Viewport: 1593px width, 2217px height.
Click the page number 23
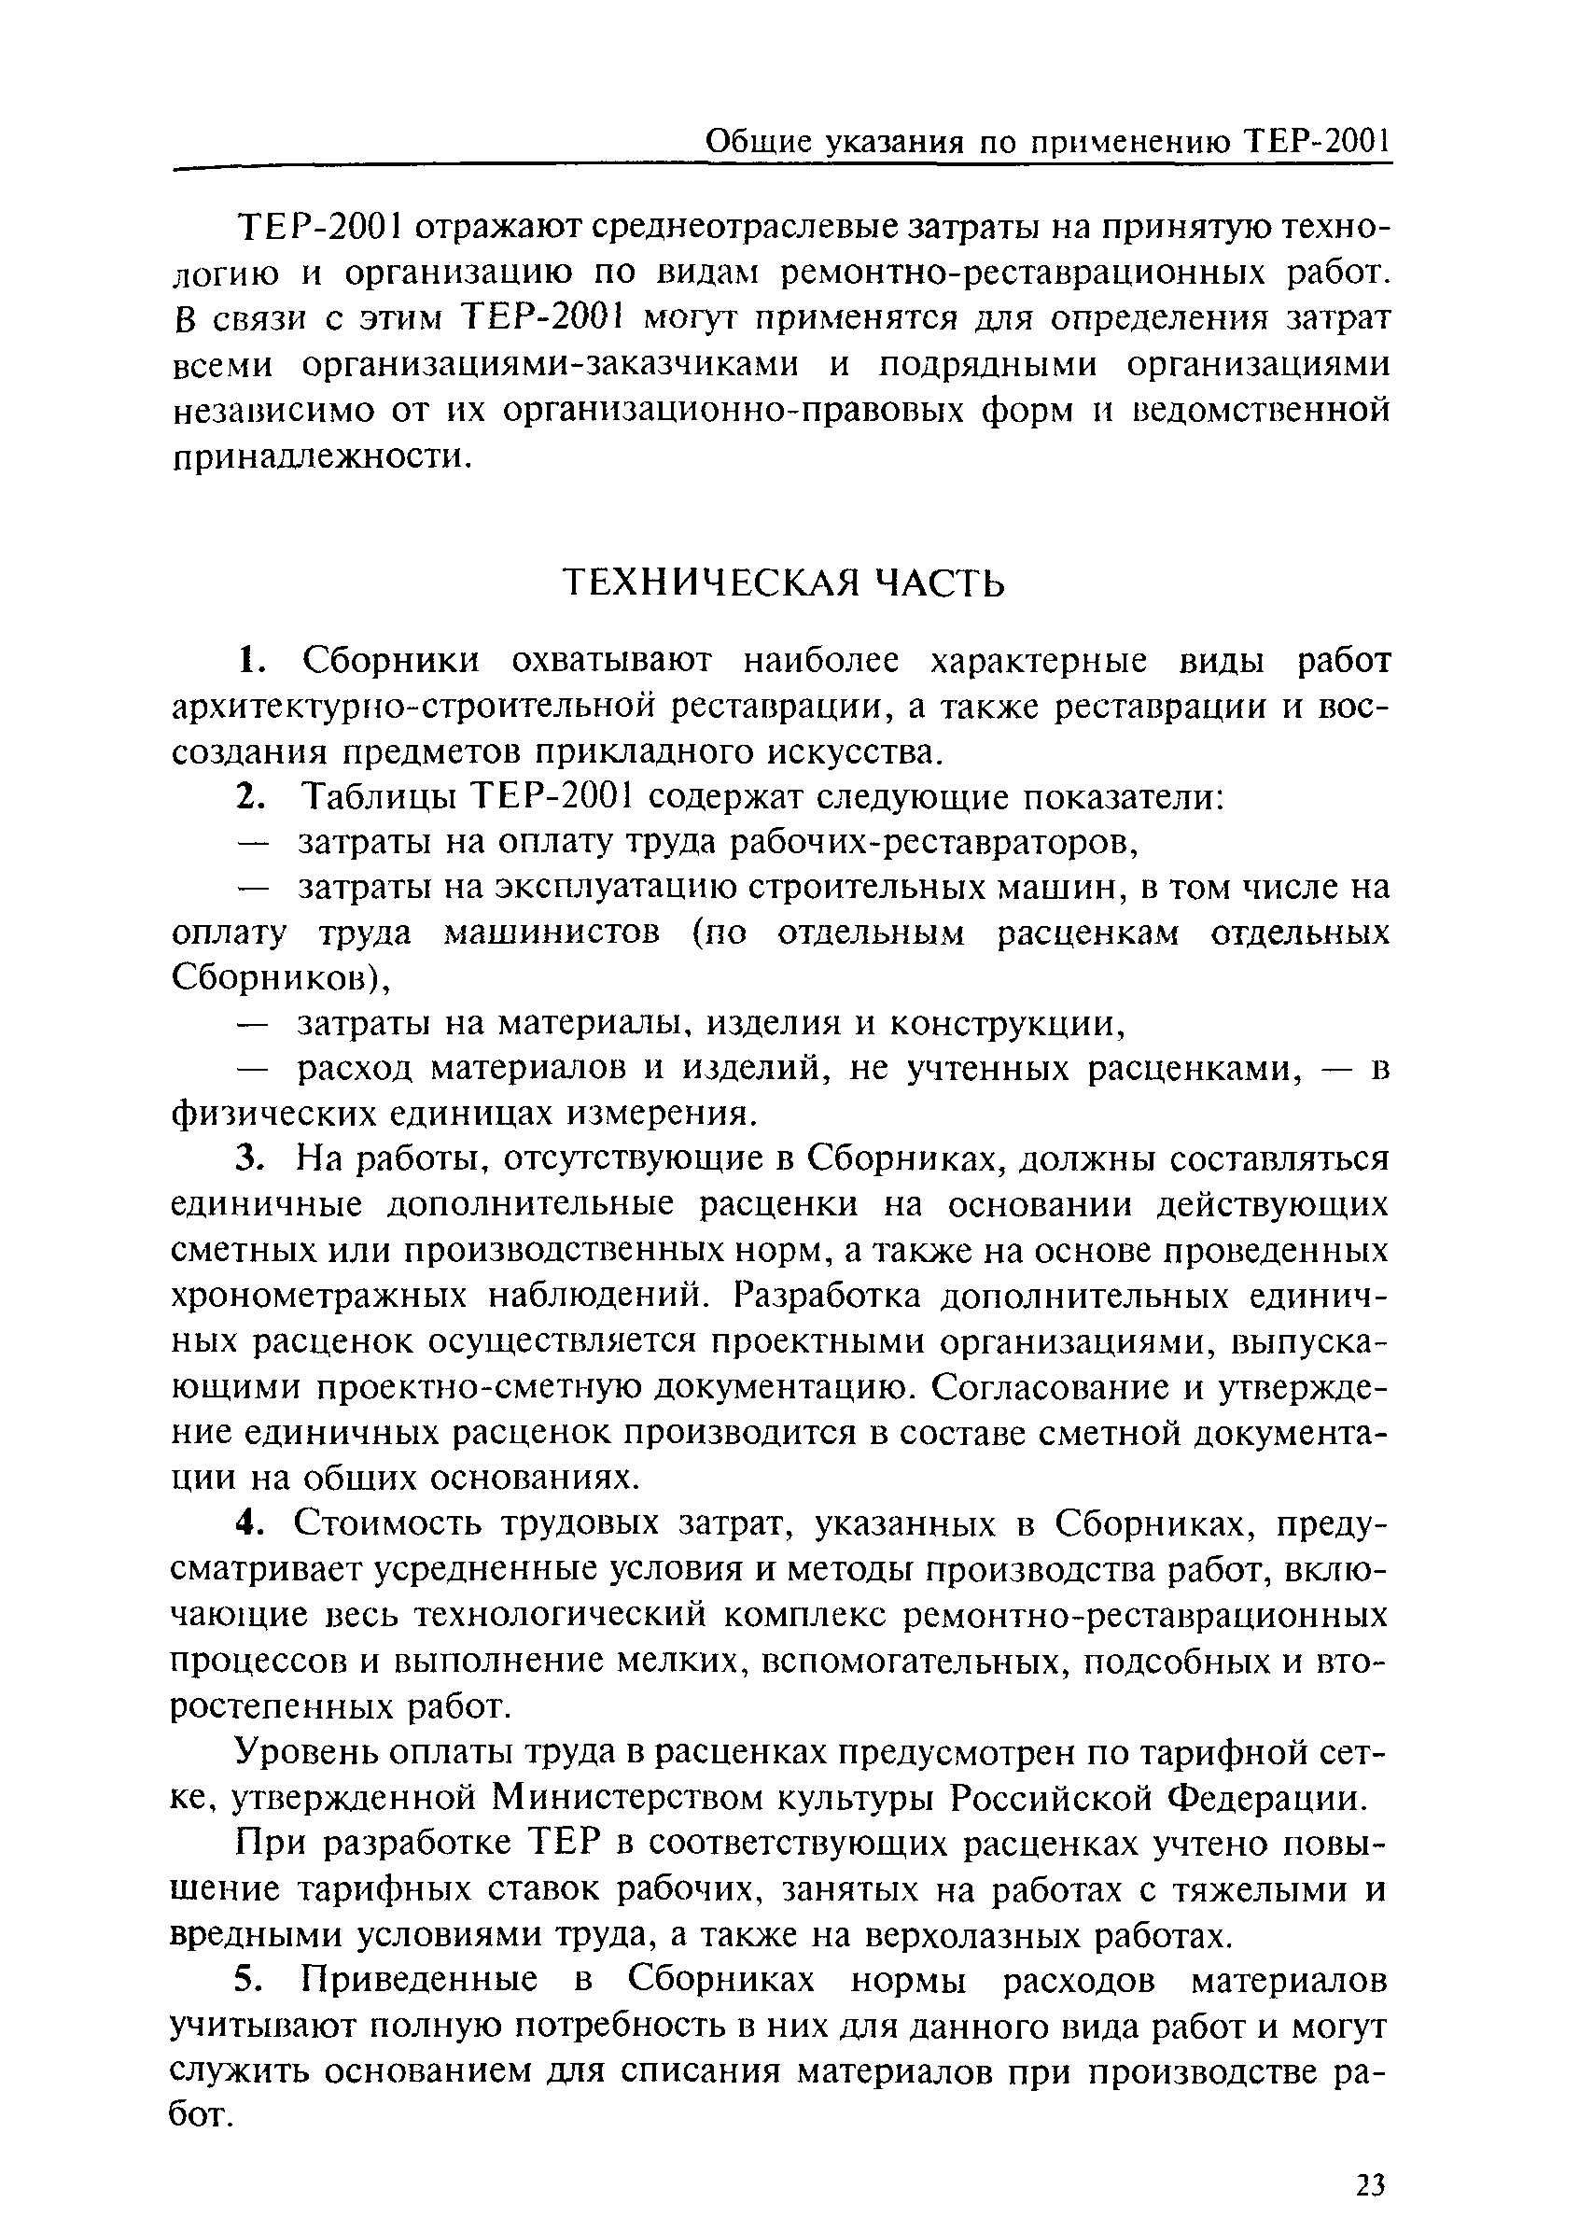tap(1370, 2182)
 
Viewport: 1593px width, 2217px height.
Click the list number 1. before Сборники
tap(252, 662)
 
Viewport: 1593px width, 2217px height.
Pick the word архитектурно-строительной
tap(411, 707)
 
